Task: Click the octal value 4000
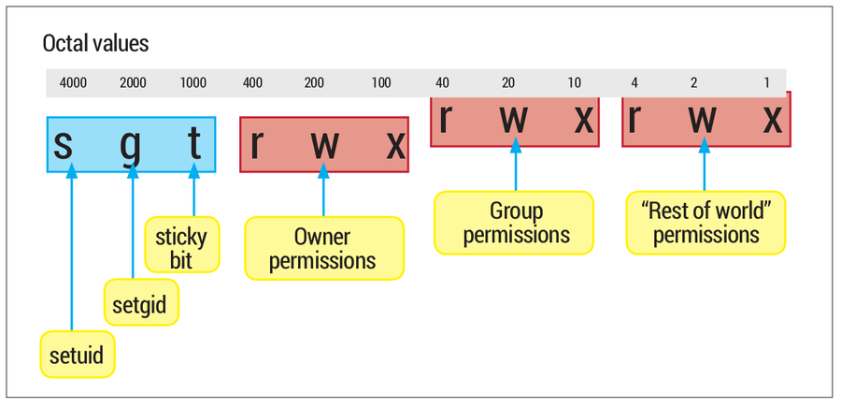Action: [73, 83]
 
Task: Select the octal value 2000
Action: [133, 83]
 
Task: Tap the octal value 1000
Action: [192, 83]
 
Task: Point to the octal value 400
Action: [252, 83]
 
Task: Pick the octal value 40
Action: [442, 83]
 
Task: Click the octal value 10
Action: [575, 83]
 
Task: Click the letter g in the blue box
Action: [133, 145]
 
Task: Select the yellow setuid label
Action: [78, 355]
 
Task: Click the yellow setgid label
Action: [140, 302]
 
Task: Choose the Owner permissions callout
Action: [323, 248]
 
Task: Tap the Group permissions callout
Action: [513, 223]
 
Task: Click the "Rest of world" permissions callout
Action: [706, 223]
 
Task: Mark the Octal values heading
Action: [95, 44]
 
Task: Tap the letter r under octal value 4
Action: [634, 118]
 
